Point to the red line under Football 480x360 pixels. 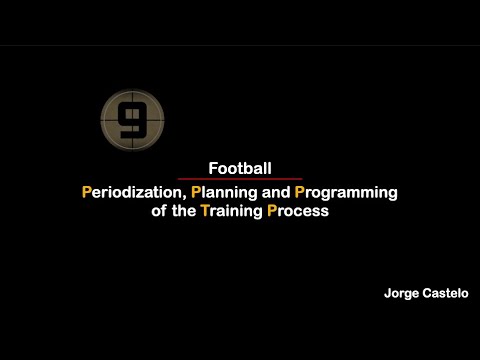click(240, 179)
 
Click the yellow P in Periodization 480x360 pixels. click(87, 191)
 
